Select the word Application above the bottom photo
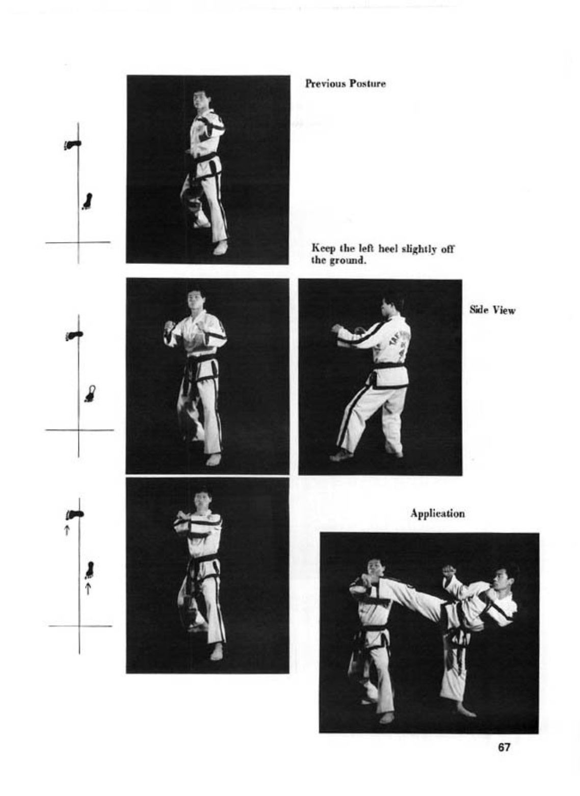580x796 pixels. click(x=437, y=514)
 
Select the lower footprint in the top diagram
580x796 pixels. click(x=87, y=201)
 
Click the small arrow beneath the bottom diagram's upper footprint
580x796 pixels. click(x=66, y=529)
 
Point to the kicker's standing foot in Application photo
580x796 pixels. click(x=466, y=709)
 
